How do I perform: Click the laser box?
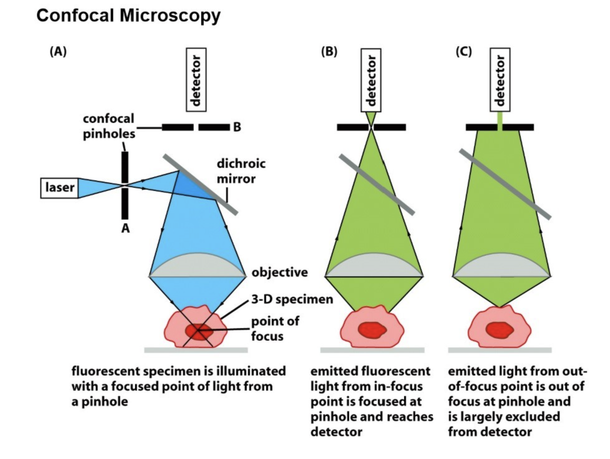pos(59,188)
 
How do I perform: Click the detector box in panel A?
pos(196,80)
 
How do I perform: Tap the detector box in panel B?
pos(371,80)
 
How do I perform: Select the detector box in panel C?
pos(500,80)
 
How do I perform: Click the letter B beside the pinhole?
pos(237,127)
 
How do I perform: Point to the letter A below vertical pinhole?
pos(126,229)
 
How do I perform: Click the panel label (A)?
pos(58,52)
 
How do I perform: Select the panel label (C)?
pos(463,52)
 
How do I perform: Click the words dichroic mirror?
pos(241,171)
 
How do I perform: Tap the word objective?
pos(280,272)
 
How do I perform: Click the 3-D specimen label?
pos(292,299)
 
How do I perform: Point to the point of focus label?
pos(275,328)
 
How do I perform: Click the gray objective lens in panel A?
pos(197,266)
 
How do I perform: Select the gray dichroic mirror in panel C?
pos(505,184)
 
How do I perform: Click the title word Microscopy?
pos(170,15)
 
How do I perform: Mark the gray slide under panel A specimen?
pos(196,350)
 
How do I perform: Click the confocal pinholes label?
pos(109,126)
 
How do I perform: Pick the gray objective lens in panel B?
pos(374,266)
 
